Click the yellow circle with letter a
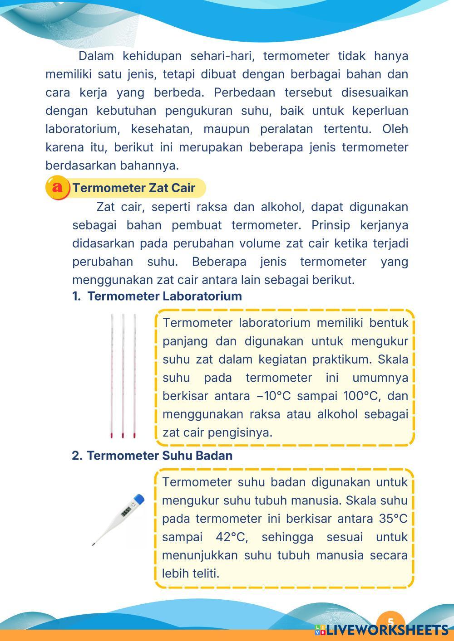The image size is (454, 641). tap(57, 188)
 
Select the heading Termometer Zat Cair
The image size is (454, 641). tap(134, 188)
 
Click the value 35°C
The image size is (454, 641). tap(393, 519)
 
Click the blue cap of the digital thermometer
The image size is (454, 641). tap(139, 500)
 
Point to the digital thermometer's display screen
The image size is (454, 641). tap(126, 512)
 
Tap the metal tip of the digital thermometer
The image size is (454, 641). tap(94, 543)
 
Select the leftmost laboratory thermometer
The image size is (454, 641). tap(112, 376)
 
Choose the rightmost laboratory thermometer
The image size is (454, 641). tap(135, 376)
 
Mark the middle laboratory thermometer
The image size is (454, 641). tap(123, 376)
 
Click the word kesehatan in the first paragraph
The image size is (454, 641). tap(162, 129)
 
